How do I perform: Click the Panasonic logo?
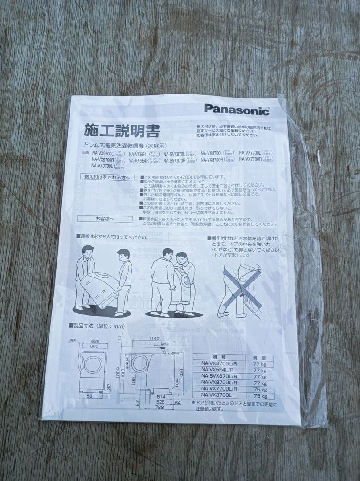[x=237, y=109]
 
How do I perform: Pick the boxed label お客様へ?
[x=105, y=219]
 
